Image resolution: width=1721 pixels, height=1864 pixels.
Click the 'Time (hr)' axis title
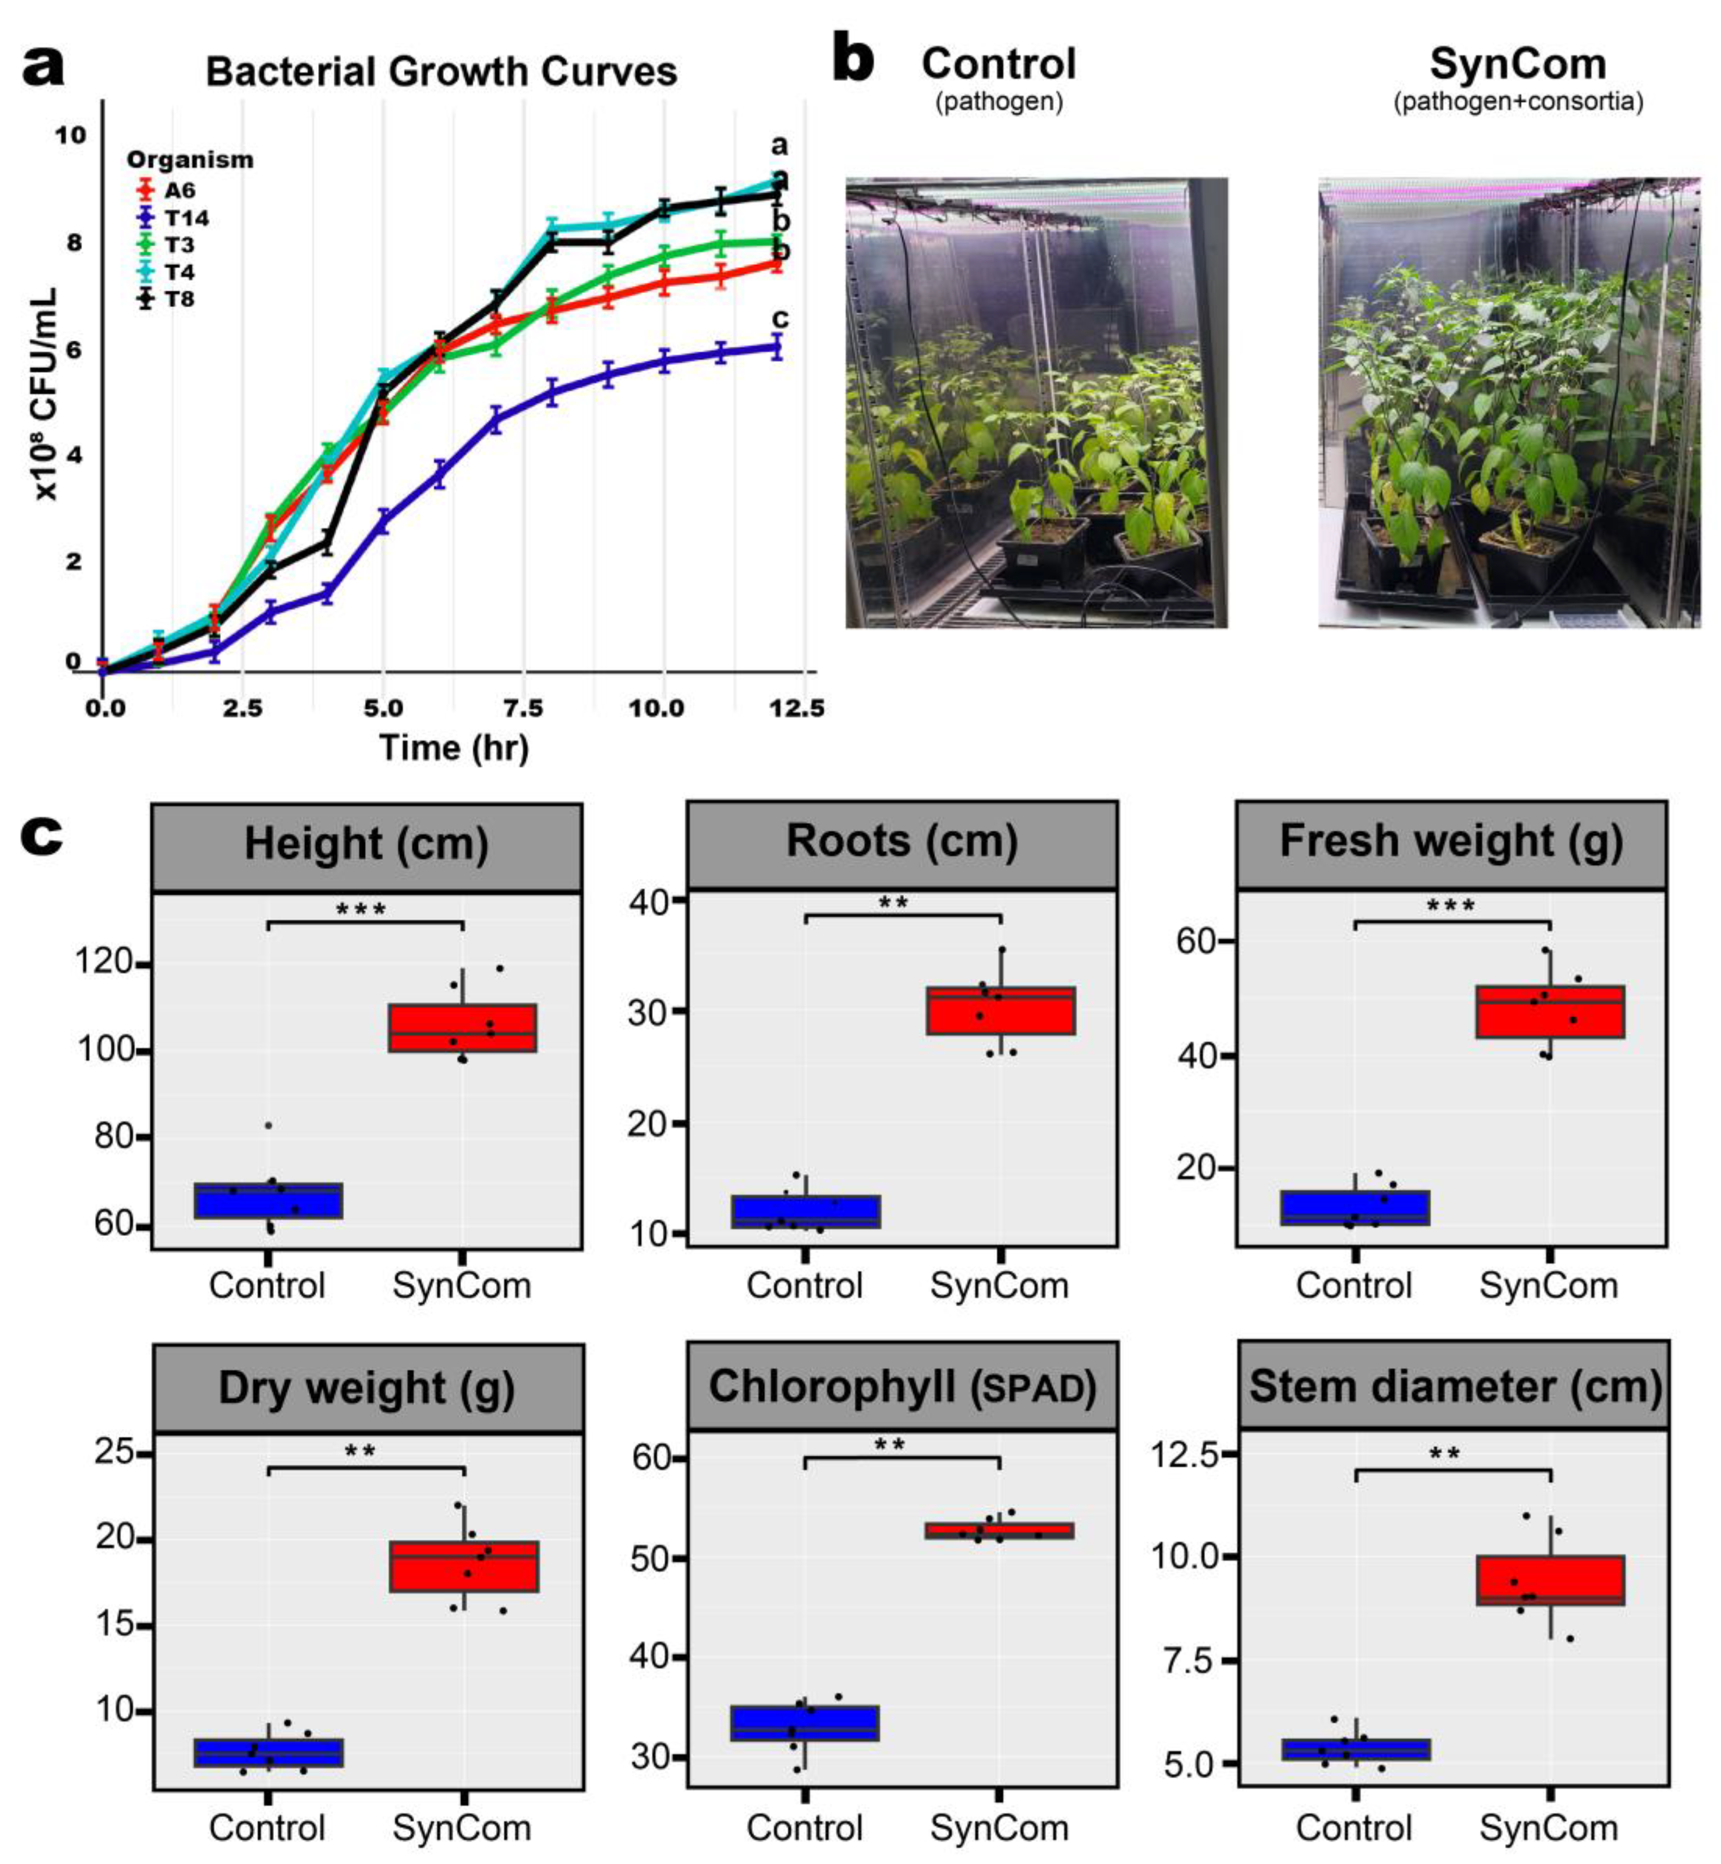coord(454,747)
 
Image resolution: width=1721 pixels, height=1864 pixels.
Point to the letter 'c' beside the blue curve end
coord(780,319)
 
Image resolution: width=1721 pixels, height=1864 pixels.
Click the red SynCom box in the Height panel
coord(462,1027)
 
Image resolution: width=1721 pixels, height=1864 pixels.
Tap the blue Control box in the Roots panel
coord(806,1211)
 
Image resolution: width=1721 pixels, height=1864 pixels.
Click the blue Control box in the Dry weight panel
coord(268,1751)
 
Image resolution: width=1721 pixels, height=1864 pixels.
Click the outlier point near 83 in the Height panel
coord(268,1125)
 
